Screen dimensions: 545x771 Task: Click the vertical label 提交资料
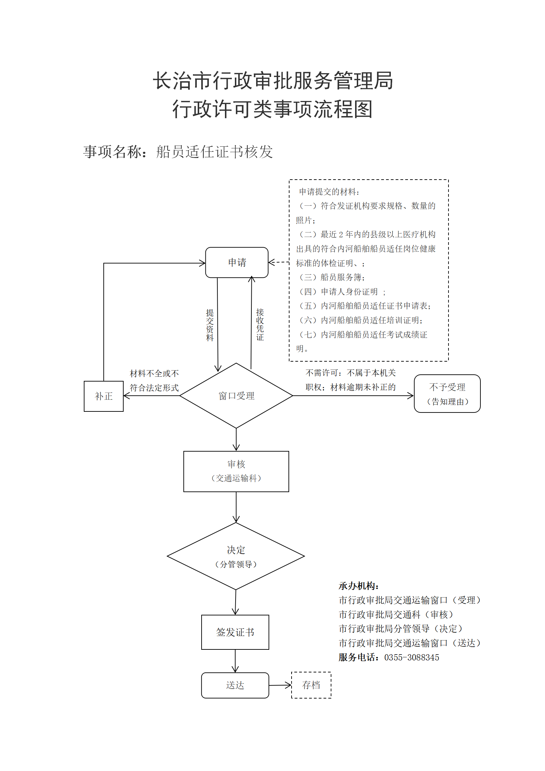[210, 325]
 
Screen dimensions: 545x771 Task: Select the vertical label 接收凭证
[260, 325]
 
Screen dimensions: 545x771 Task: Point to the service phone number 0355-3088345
[412, 657]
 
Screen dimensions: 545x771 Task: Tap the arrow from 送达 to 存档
[280, 685]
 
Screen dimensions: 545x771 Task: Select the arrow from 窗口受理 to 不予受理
[353, 396]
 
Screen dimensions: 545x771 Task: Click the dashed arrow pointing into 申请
[279, 262]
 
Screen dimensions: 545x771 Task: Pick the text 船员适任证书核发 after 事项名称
[215, 152]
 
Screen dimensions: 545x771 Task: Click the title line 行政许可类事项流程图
[273, 109]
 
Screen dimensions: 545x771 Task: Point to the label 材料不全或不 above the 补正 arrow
[154, 373]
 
